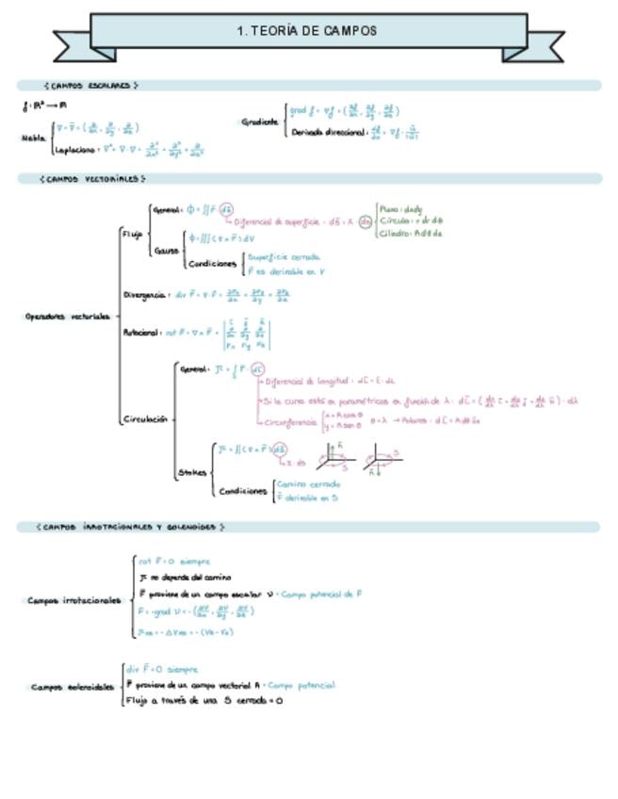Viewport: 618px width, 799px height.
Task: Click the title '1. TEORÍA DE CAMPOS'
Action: pyautogui.click(x=308, y=31)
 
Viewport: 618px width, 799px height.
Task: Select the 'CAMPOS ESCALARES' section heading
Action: pyautogui.click(x=91, y=85)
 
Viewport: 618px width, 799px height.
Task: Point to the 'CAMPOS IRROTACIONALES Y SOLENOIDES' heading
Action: pyautogui.click(x=130, y=528)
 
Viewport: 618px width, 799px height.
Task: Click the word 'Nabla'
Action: pyautogui.click(x=33, y=138)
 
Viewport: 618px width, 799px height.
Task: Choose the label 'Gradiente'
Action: pyautogui.click(x=259, y=122)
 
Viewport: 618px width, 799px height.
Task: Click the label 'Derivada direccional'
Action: pyautogui.click(x=328, y=133)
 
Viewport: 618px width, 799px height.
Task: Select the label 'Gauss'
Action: pyautogui.click(x=166, y=252)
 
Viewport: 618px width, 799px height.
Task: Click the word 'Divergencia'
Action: pyautogui.click(x=145, y=295)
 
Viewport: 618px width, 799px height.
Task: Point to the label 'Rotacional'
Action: pyautogui.click(x=141, y=333)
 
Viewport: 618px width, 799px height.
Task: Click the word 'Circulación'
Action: pyautogui.click(x=145, y=419)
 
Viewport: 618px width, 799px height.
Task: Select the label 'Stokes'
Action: pyautogui.click(x=191, y=473)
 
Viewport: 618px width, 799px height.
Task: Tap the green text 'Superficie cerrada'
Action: pyautogui.click(x=285, y=256)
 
